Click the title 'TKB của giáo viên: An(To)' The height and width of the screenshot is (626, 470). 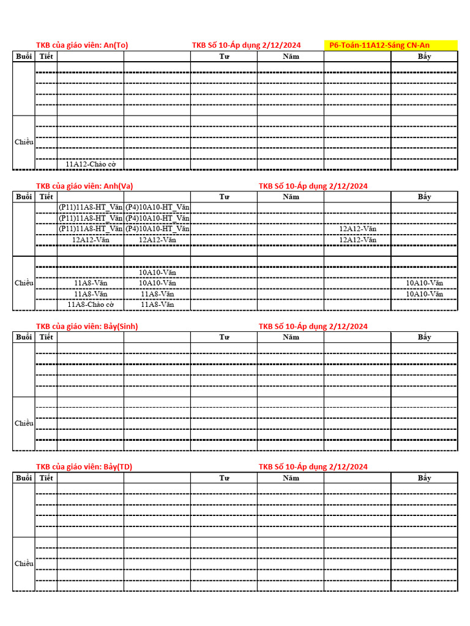(82, 45)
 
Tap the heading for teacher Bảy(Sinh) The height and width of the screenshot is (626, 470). (87, 326)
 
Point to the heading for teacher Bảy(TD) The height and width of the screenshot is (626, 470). (84, 467)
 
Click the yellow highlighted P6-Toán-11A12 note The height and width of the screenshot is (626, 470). (390, 45)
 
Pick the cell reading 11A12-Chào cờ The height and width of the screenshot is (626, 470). (91, 164)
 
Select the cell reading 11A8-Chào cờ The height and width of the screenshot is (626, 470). (91, 304)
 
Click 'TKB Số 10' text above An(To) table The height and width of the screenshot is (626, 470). (246, 45)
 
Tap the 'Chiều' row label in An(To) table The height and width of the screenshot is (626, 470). (24, 142)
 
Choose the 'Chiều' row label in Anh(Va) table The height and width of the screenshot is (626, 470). (24, 282)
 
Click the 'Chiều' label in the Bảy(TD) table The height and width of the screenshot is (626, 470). (24, 564)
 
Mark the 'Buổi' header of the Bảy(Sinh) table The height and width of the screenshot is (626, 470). (24, 337)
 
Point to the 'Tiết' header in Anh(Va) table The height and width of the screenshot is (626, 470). (46, 196)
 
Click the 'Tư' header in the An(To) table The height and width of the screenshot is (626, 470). (224, 56)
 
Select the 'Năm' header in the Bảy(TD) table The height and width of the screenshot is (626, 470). (291, 477)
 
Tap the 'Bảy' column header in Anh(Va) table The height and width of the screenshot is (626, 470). (425, 196)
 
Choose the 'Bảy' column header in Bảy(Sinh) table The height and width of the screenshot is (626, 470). (425, 337)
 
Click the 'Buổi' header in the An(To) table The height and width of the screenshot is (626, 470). (24, 56)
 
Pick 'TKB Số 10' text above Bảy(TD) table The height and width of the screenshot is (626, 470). (313, 467)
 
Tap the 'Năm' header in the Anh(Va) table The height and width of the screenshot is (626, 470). (291, 196)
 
